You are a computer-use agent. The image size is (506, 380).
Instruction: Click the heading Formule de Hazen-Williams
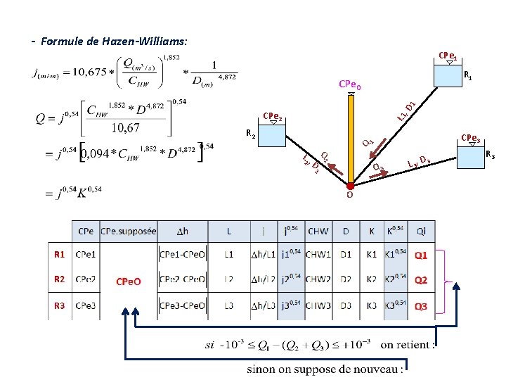pyautogui.click(x=114, y=42)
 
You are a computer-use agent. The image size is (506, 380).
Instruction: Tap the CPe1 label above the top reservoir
pyautogui.click(x=448, y=56)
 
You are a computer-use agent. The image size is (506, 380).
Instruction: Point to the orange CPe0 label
pyautogui.click(x=350, y=85)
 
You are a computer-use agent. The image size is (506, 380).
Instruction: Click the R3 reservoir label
pyautogui.click(x=491, y=155)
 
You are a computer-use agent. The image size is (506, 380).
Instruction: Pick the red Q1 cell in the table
pyautogui.click(x=421, y=255)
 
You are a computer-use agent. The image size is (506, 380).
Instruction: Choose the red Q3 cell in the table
pyautogui.click(x=421, y=306)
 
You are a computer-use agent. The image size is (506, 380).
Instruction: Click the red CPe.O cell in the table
pyautogui.click(x=128, y=281)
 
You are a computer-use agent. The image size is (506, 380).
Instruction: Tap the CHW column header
pyautogui.click(x=318, y=231)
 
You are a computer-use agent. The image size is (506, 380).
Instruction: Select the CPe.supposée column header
pyautogui.click(x=128, y=231)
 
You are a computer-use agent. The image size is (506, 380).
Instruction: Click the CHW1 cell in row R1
pyautogui.click(x=318, y=255)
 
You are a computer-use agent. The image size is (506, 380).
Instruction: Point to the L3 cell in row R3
pyautogui.click(x=229, y=306)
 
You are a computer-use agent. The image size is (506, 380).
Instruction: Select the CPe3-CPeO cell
pyautogui.click(x=182, y=306)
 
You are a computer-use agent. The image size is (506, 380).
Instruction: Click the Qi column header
pyautogui.click(x=421, y=231)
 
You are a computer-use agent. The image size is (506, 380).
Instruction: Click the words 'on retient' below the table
pyautogui.click(x=407, y=345)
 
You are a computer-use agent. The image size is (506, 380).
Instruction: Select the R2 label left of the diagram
pyautogui.click(x=251, y=132)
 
